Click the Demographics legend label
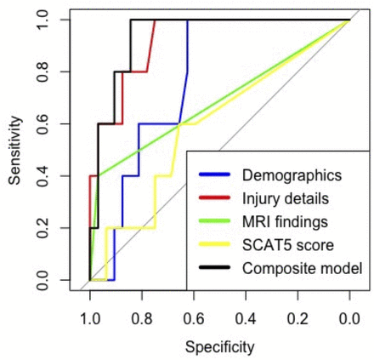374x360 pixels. pos(292,176)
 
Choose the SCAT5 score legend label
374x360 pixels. pos(287,246)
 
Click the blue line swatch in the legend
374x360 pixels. pos(215,176)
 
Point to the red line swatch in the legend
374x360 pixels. pos(215,199)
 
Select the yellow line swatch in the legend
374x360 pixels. pos(215,246)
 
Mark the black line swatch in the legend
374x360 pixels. pos(215,269)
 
